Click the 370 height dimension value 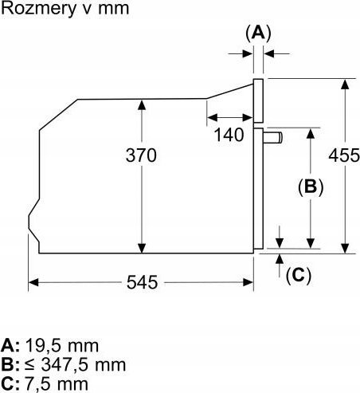pyautogui.click(x=141, y=155)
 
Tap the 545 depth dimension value pyautogui.click(x=142, y=282)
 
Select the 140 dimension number pyautogui.click(x=229, y=135)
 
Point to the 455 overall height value pyautogui.click(x=344, y=155)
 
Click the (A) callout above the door pyautogui.click(x=258, y=33)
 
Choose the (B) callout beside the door pyautogui.click(x=311, y=187)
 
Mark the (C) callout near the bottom pyautogui.click(x=299, y=275)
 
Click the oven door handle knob pyautogui.click(x=273, y=138)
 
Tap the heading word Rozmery pyautogui.click(x=38, y=9)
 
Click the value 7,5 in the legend pyautogui.click(x=39, y=384)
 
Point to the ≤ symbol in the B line pyautogui.click(x=30, y=365)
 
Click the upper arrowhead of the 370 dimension pyautogui.click(x=142, y=104)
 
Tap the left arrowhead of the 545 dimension pyautogui.click(x=33, y=282)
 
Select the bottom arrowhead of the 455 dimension pyautogui.click(x=345, y=248)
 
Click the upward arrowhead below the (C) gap pyautogui.click(x=280, y=259)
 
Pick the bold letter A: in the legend pyautogui.click(x=10, y=346)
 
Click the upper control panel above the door pyautogui.click(x=258, y=100)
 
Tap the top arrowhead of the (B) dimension pyautogui.click(x=311, y=133)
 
